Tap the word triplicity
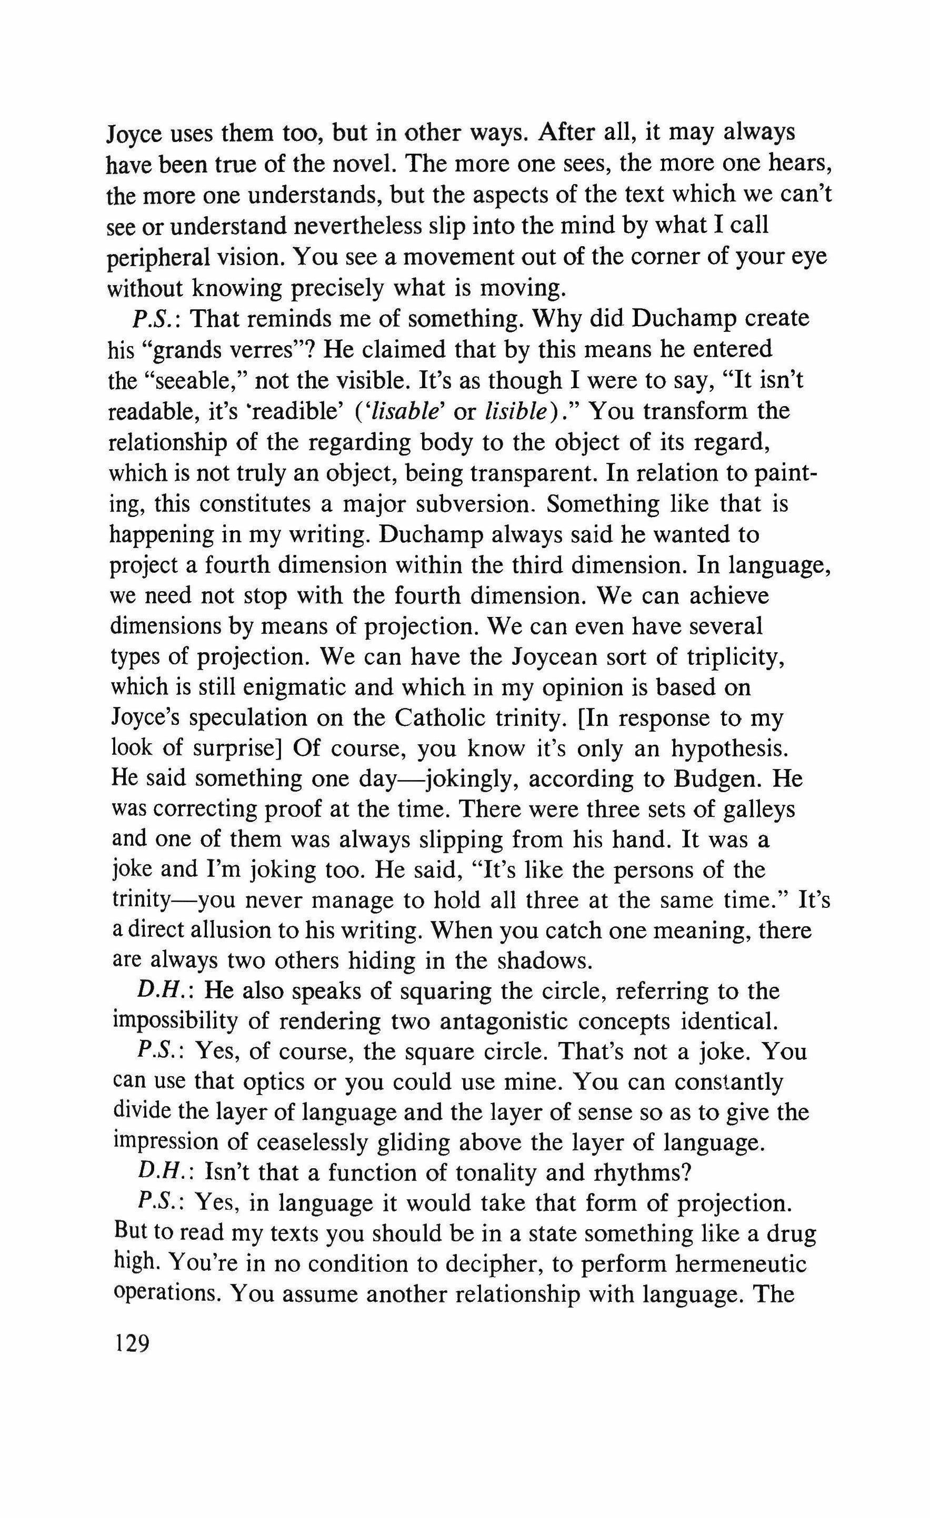(733, 657)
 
